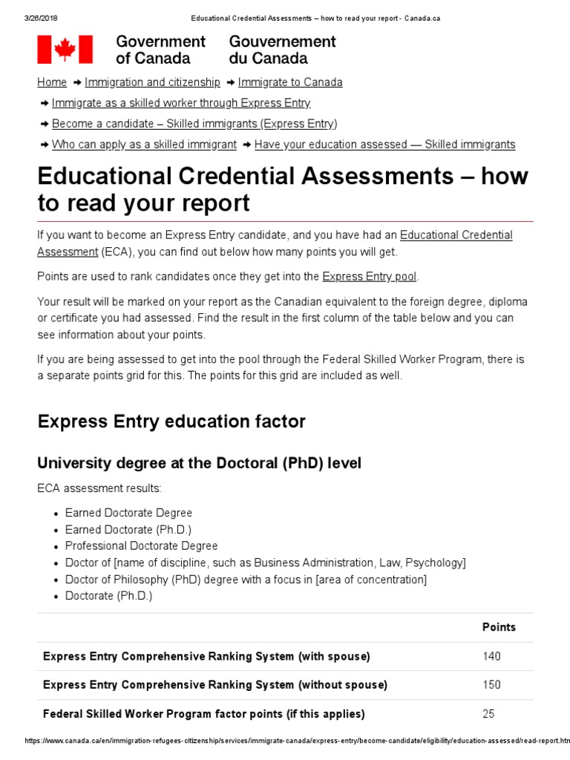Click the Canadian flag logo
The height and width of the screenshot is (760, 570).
(65, 50)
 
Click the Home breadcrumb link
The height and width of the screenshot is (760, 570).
(52, 82)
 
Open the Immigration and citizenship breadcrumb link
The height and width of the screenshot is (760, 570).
(152, 82)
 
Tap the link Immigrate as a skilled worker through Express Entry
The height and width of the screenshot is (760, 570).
(181, 103)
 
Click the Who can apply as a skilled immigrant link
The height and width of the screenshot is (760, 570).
(144, 145)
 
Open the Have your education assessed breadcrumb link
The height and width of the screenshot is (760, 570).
(384, 145)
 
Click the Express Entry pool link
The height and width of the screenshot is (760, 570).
(369, 277)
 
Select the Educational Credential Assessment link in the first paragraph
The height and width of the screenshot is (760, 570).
(456, 235)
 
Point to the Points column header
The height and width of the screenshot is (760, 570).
(499, 627)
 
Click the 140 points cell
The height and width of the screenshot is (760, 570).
(491, 656)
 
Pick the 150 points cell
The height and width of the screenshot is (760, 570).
(491, 685)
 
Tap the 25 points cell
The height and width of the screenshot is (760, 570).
(488, 714)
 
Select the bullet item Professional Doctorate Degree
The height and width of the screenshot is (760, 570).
(141, 546)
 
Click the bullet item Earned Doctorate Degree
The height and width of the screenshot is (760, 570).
(128, 513)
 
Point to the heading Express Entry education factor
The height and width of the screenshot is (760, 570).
(171, 422)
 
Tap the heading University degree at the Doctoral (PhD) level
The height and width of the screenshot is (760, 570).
(199, 463)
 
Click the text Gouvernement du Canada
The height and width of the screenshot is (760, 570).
(282, 50)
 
